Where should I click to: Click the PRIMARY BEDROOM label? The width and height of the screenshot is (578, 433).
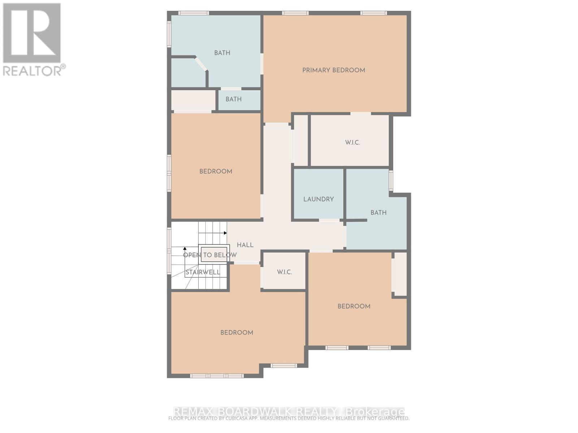click(333, 70)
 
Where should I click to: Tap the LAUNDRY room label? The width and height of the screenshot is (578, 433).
click(318, 199)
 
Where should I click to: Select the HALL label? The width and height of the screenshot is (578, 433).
click(245, 245)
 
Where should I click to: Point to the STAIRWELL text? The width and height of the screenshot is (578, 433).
click(203, 272)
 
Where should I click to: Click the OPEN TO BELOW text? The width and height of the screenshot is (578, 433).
click(210, 255)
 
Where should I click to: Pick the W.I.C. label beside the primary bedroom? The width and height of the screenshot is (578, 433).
click(352, 143)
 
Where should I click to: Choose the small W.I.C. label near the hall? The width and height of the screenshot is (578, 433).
click(284, 272)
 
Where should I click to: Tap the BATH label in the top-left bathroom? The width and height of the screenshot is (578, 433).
click(222, 53)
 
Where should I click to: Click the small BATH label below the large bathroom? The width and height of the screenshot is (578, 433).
click(233, 99)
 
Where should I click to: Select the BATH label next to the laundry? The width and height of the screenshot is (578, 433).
click(378, 213)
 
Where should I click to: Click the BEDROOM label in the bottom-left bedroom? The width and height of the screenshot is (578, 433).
click(237, 333)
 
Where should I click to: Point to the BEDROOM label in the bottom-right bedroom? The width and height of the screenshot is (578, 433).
click(354, 306)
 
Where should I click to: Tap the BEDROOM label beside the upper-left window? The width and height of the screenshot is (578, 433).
click(216, 171)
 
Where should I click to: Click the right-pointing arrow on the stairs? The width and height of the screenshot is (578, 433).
click(225, 233)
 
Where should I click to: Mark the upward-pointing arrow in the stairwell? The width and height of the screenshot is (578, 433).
click(185, 249)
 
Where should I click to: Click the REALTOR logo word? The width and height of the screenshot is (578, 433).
click(33, 71)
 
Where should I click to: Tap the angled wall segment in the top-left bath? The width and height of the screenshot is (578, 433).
click(201, 64)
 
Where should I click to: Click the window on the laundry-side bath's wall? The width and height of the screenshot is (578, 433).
click(391, 180)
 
